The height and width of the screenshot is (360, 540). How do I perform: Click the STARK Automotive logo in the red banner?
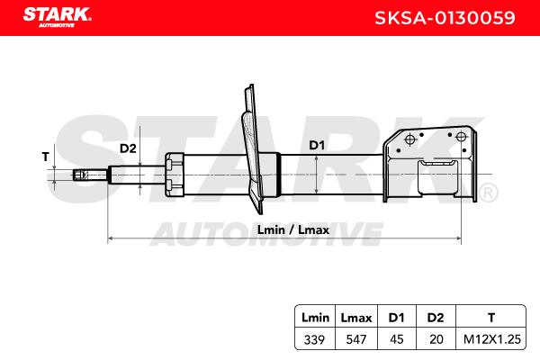tap(58, 17)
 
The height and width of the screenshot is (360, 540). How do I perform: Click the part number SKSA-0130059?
tap(445, 18)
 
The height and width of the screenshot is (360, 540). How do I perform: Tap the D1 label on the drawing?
tap(317, 146)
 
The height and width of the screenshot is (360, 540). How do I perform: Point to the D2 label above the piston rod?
tap(128, 148)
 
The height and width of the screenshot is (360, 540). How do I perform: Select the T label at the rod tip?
tap(46, 157)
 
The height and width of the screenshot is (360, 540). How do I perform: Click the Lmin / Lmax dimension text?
tap(293, 229)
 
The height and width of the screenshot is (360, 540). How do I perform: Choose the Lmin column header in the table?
tap(315, 318)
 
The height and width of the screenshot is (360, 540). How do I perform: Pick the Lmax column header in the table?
tap(356, 318)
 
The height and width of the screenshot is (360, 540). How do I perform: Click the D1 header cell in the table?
tap(396, 318)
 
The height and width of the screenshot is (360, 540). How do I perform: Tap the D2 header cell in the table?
tap(436, 318)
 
